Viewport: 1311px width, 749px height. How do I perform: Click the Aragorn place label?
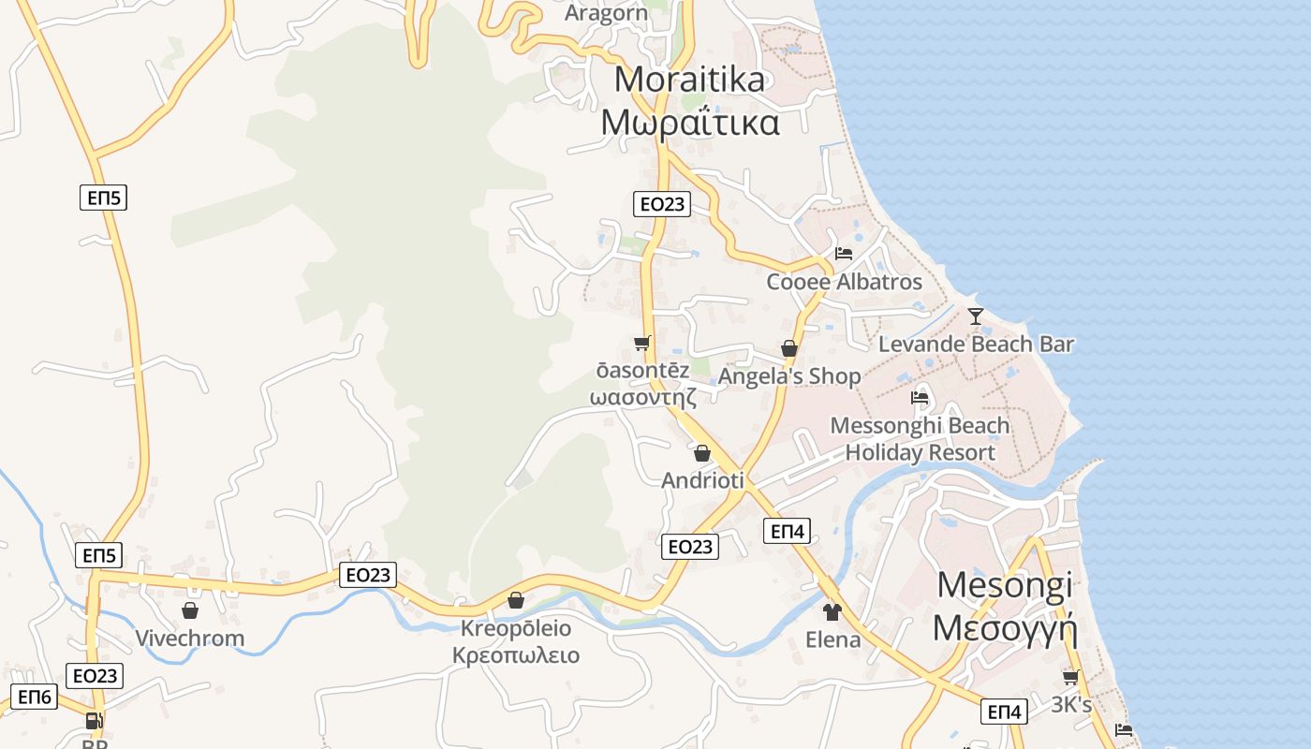point(607,13)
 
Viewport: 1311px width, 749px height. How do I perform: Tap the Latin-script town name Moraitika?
point(689,80)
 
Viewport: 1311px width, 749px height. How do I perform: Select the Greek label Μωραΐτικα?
point(689,123)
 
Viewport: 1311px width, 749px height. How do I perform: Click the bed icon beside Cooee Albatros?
point(843,253)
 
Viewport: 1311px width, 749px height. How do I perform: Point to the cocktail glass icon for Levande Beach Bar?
point(976,316)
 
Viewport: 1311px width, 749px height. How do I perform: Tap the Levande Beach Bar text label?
point(976,344)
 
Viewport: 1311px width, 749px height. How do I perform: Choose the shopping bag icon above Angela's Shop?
point(789,348)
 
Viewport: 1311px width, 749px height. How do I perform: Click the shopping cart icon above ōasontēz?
point(641,343)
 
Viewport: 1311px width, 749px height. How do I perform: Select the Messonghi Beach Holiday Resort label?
point(920,439)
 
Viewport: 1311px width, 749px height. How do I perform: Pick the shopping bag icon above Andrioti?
point(702,454)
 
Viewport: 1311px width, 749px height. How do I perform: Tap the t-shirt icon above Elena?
point(832,612)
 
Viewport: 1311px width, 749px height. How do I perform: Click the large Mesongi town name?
point(1005,585)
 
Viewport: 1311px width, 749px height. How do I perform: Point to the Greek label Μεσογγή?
point(1005,627)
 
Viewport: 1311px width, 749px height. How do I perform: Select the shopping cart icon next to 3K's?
point(1070,677)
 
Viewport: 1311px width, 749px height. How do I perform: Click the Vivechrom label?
point(190,639)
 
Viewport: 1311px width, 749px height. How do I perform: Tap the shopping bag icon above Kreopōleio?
point(515,600)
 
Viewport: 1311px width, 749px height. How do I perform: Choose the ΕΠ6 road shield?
point(35,698)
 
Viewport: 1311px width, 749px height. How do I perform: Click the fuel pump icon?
point(93,721)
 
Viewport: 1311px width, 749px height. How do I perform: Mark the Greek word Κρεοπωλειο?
point(516,655)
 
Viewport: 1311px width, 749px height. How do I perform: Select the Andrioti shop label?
point(702,480)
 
